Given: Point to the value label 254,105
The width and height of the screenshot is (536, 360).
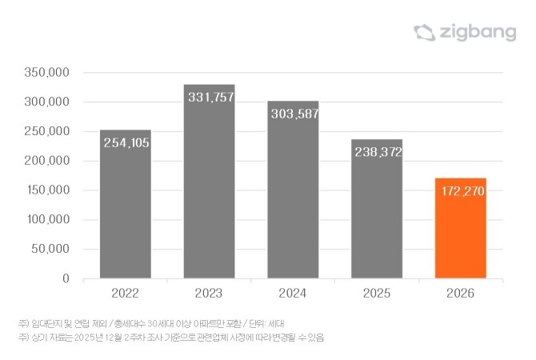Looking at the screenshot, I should click(x=126, y=143).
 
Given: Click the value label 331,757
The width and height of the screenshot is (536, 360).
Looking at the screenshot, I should click(x=210, y=98).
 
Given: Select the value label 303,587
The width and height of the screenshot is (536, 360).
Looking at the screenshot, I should click(x=294, y=114).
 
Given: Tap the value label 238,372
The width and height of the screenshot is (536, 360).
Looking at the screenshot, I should click(x=377, y=152).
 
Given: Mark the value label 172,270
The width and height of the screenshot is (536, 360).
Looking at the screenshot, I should click(x=460, y=192).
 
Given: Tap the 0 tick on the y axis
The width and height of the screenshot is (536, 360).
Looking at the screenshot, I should click(x=67, y=278).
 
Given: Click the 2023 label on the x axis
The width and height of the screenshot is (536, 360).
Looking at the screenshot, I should click(x=210, y=294).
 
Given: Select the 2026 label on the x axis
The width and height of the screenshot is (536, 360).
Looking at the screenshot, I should click(x=460, y=294).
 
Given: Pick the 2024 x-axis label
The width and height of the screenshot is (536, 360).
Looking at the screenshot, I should click(x=293, y=294).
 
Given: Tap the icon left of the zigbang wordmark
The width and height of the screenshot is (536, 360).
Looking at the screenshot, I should click(x=423, y=32).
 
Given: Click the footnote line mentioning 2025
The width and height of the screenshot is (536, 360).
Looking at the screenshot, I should click(x=171, y=338).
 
